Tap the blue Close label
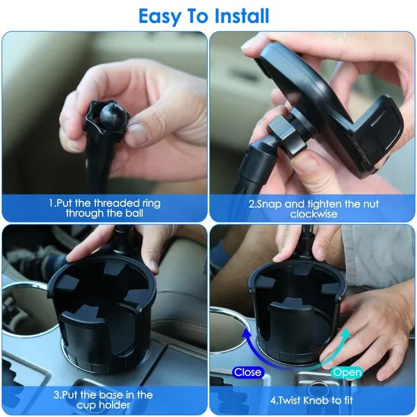pos(247,372)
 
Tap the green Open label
pos(347,372)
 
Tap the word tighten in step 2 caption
pos(327,204)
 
